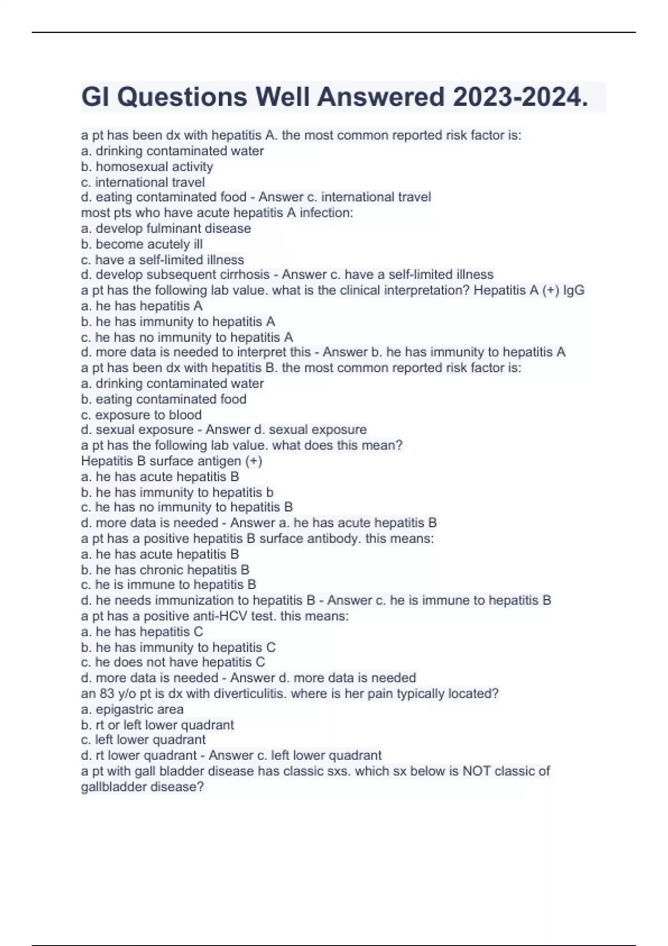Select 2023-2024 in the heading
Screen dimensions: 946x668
pyautogui.click(x=520, y=97)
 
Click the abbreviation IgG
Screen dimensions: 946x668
pyautogui.click(x=574, y=290)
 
